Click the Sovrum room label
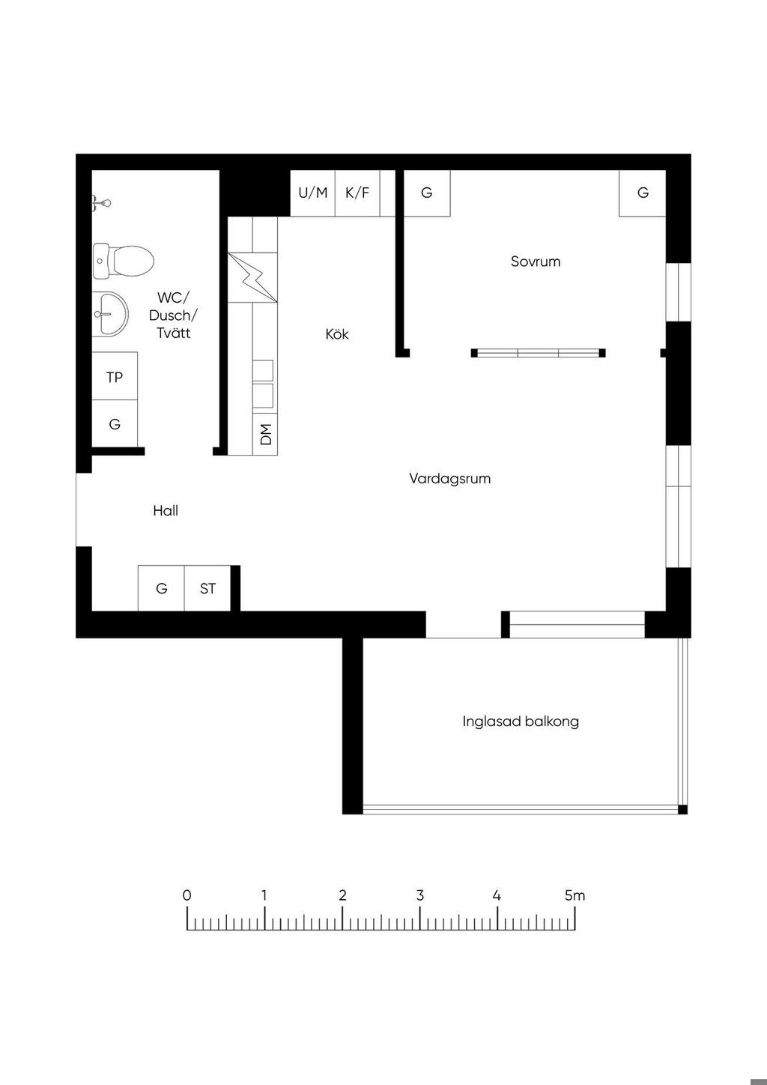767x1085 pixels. click(535, 262)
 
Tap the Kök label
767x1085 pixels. click(337, 333)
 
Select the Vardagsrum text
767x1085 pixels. click(450, 479)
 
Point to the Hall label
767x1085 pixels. click(166, 510)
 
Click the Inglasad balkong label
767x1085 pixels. click(521, 722)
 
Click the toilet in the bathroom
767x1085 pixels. click(124, 261)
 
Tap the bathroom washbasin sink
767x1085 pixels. click(110, 315)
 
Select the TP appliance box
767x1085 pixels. click(115, 376)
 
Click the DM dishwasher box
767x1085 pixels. click(265, 434)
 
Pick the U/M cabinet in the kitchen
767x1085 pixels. click(313, 193)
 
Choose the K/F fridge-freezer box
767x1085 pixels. click(357, 193)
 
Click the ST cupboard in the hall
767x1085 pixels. click(207, 588)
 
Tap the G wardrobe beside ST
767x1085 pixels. click(161, 588)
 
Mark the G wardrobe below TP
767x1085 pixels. click(115, 423)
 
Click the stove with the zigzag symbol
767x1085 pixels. click(252, 277)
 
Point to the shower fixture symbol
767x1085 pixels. click(102, 202)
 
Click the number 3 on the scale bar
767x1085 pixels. click(419, 895)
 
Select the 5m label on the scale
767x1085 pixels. click(575, 895)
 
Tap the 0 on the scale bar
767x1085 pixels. click(187, 895)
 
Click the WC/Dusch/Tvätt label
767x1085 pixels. click(173, 315)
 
